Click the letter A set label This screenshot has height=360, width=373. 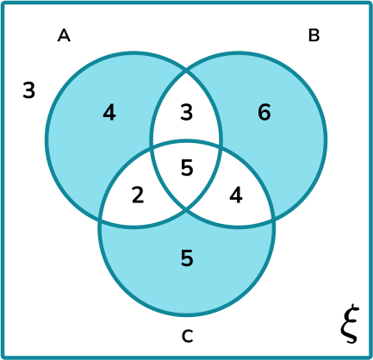pyautogui.click(x=63, y=35)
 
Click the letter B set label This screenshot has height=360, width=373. pyautogui.click(x=314, y=35)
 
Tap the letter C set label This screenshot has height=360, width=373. pyautogui.click(x=187, y=335)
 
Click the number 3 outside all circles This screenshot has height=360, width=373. pyautogui.click(x=29, y=90)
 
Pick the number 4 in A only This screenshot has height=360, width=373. pyautogui.click(x=109, y=112)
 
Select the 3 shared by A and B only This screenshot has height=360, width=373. pyautogui.click(x=187, y=112)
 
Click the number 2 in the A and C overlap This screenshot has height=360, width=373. pyautogui.click(x=137, y=195)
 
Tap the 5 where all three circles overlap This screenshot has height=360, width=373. pyautogui.click(x=187, y=168)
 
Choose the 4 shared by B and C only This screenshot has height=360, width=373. pyautogui.click(x=236, y=195)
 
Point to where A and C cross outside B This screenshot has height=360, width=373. pyautogui.click(x=101, y=217)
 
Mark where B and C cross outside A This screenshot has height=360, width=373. pyautogui.click(x=273, y=217)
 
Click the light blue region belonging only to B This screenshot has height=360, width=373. pyautogui.click(x=284, y=146)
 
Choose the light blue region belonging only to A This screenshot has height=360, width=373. pyautogui.click(x=86, y=146)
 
